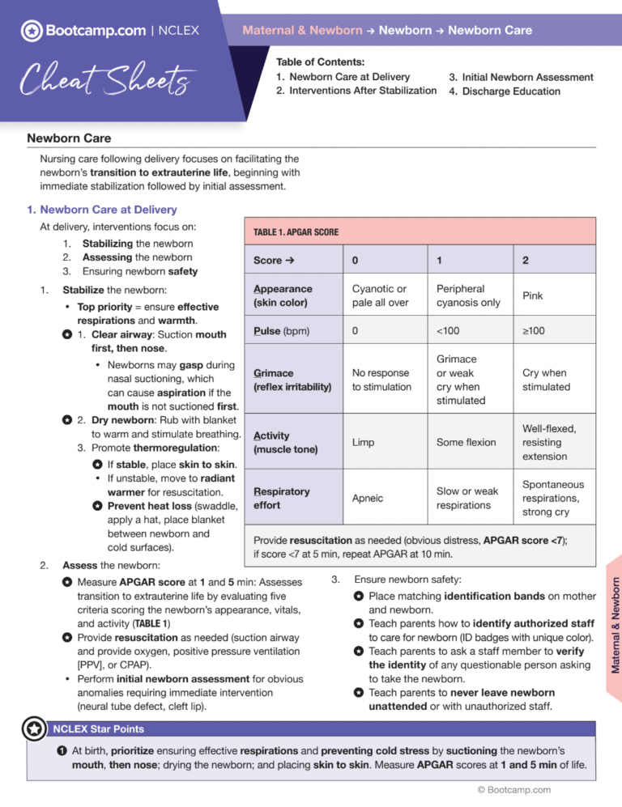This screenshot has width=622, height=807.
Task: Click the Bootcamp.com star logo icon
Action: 32,32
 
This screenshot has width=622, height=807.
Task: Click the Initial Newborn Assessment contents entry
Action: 521,77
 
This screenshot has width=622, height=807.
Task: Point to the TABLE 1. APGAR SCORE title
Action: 296,231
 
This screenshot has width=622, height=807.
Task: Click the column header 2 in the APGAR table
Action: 526,261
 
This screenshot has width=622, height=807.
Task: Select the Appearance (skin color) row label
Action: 283,296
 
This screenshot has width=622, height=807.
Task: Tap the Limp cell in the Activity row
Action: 363,442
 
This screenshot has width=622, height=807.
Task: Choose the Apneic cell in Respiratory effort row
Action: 368,499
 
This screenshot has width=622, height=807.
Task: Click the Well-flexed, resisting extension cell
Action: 549,442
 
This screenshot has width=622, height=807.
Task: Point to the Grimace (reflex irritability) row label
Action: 292,380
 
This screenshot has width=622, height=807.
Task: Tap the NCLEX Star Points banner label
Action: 98,728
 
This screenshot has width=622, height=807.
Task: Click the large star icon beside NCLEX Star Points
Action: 33,728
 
